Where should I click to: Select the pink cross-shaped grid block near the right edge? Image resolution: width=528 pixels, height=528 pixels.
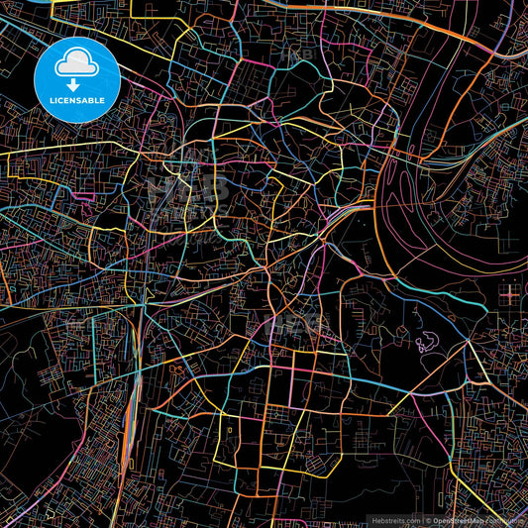pyautogui.click(x=509, y=293)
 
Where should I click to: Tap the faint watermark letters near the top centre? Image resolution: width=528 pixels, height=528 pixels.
pyautogui.click(x=297, y=54)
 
